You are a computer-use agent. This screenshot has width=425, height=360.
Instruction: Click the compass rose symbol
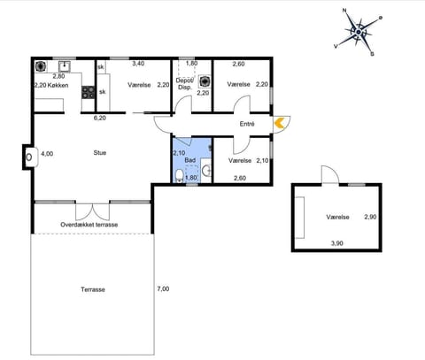tap(358, 31)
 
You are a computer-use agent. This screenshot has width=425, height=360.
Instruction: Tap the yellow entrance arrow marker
tap(280, 124)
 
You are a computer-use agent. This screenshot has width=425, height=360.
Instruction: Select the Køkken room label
tap(58, 86)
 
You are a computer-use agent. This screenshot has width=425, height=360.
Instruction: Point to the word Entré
tap(247, 124)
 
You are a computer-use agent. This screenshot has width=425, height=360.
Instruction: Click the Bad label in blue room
tap(189, 161)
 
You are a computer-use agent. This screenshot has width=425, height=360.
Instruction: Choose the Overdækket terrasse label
tap(89, 224)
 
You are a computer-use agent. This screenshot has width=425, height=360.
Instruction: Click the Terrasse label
tap(93, 289)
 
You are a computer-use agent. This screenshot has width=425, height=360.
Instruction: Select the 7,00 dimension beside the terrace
tap(162, 288)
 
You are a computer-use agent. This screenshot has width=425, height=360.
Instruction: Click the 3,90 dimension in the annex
tap(336, 242)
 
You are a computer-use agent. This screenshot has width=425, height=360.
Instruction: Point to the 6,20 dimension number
tap(99, 117)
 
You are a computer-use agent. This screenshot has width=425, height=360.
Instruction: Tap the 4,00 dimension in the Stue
tap(47, 154)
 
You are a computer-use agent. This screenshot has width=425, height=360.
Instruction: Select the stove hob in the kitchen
tap(88, 91)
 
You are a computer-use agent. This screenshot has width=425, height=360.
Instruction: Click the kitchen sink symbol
tap(64, 66)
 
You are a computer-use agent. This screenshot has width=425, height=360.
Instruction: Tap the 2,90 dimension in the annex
tap(370, 217)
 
